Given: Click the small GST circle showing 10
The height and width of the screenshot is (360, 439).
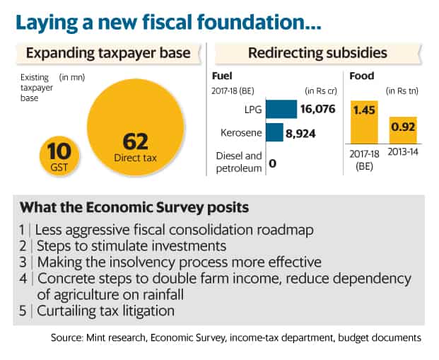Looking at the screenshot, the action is (59, 156).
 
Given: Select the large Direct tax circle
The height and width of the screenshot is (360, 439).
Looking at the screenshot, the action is (136, 127).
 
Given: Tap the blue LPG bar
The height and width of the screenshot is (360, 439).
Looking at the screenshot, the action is (281, 109).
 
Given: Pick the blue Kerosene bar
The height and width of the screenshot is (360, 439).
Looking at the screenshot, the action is (274, 132).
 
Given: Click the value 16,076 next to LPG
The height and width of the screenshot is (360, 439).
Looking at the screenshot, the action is (318, 109).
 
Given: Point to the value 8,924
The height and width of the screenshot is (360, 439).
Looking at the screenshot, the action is (300, 134).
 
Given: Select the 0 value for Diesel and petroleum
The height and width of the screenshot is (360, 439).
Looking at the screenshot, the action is (272, 163).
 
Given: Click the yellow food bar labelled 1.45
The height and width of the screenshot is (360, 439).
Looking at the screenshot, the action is (364, 122).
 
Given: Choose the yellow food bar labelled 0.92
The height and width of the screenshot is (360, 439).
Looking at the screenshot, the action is (403, 131).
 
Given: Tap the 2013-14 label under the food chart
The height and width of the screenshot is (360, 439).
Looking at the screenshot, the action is (403, 152).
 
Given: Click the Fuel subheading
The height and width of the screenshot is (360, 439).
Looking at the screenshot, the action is (222, 76).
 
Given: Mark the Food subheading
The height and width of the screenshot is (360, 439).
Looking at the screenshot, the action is (362, 76).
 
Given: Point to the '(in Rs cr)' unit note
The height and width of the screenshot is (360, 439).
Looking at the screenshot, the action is (321, 91).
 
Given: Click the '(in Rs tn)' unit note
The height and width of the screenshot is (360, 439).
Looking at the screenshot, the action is (402, 91).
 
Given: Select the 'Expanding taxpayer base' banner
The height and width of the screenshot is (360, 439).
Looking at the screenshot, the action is (109, 53).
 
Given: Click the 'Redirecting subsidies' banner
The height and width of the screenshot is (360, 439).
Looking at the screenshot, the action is (318, 53).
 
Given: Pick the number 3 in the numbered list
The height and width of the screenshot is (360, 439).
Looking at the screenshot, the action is (23, 262).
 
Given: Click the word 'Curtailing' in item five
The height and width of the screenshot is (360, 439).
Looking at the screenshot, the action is (66, 311).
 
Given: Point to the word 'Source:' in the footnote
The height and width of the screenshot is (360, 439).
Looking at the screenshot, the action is (66, 337).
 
